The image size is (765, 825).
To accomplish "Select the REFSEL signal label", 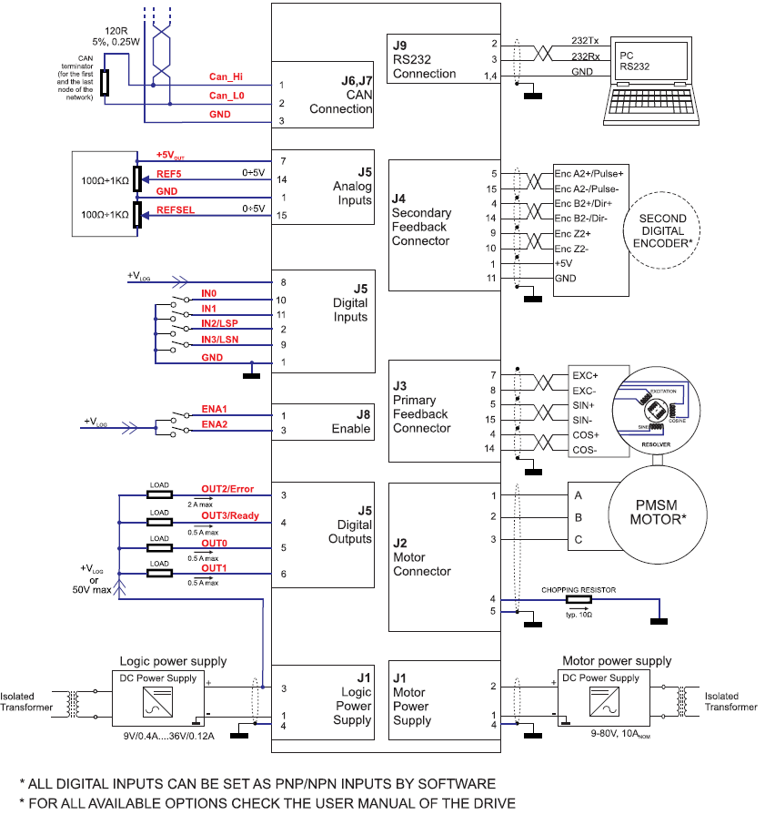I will (x=176, y=209).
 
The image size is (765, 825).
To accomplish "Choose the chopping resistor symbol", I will (x=578, y=600).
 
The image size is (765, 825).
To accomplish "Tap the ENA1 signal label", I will (x=214, y=409).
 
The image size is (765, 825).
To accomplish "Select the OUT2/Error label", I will (x=227, y=489).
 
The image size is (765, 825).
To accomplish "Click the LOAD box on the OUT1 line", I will (x=159, y=573).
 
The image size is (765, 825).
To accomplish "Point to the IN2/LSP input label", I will (x=221, y=323).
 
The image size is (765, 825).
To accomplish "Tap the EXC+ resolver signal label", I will (x=586, y=375).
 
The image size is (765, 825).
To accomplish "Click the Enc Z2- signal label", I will (x=572, y=249).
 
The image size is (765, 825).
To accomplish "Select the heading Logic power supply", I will (x=173, y=661).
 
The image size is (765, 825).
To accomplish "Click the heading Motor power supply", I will (x=617, y=661).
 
